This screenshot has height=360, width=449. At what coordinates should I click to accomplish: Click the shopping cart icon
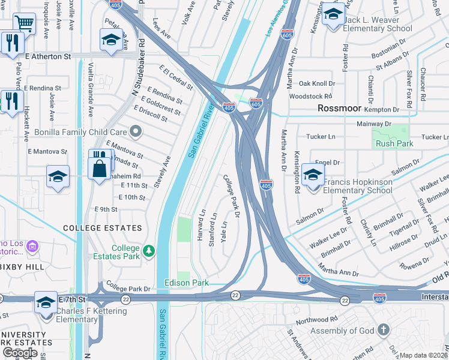[23, 23]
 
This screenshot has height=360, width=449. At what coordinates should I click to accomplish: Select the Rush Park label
[394, 143]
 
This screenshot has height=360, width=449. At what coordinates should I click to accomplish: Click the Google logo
[20, 352]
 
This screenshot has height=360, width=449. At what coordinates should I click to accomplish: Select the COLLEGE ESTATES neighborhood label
[103, 228]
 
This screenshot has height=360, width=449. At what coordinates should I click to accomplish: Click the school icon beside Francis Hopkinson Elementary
[313, 175]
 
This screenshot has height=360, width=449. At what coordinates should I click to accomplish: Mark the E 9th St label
[106, 209]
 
